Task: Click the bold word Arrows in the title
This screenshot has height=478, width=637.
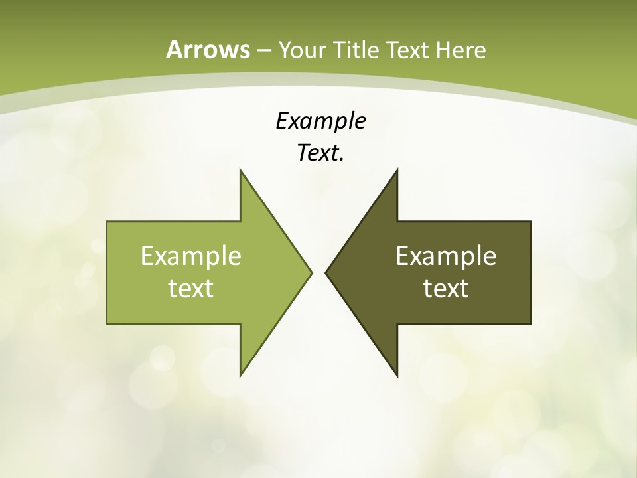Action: point(208,50)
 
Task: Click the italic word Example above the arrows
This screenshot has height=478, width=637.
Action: point(320,121)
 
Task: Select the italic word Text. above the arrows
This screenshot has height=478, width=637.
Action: point(320,153)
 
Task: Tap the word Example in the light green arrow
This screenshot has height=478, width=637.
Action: point(191,256)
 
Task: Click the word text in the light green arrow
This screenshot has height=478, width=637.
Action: point(191,288)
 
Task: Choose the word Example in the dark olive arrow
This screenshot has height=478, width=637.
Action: point(446,256)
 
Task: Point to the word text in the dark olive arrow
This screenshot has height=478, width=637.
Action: point(446,288)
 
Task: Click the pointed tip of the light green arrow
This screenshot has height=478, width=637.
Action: point(311,272)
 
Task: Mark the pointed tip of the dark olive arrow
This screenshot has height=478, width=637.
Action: point(326,272)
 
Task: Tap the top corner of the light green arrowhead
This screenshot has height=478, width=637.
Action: point(241,170)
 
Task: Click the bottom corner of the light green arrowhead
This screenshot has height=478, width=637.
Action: point(241,375)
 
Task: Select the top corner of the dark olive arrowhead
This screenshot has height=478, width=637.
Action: point(397,170)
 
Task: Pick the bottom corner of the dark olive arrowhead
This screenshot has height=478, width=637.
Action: point(397,375)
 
